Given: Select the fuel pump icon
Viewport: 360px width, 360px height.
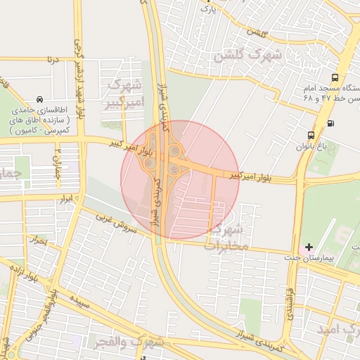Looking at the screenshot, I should tap(330, 124).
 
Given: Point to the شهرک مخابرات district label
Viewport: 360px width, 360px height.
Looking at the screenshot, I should tap(226, 237).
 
